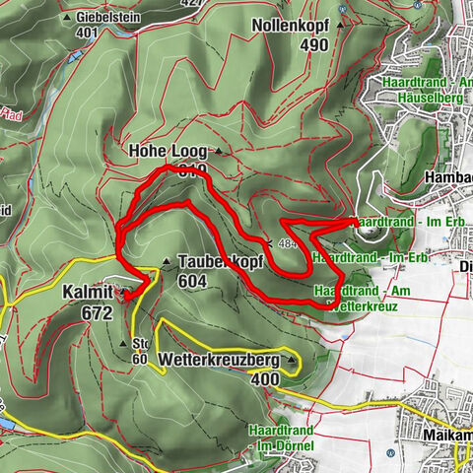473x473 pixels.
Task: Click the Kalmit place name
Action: (x=89, y=294)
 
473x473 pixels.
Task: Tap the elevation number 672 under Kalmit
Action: (x=97, y=312)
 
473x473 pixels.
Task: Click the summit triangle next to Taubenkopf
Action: (x=167, y=262)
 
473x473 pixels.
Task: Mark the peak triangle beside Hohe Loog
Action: (x=219, y=152)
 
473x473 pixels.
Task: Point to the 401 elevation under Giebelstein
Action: (x=89, y=32)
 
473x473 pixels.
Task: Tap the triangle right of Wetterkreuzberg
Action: (x=292, y=362)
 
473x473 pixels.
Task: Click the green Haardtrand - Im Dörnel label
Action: (x=281, y=439)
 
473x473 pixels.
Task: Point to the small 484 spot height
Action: (x=288, y=242)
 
